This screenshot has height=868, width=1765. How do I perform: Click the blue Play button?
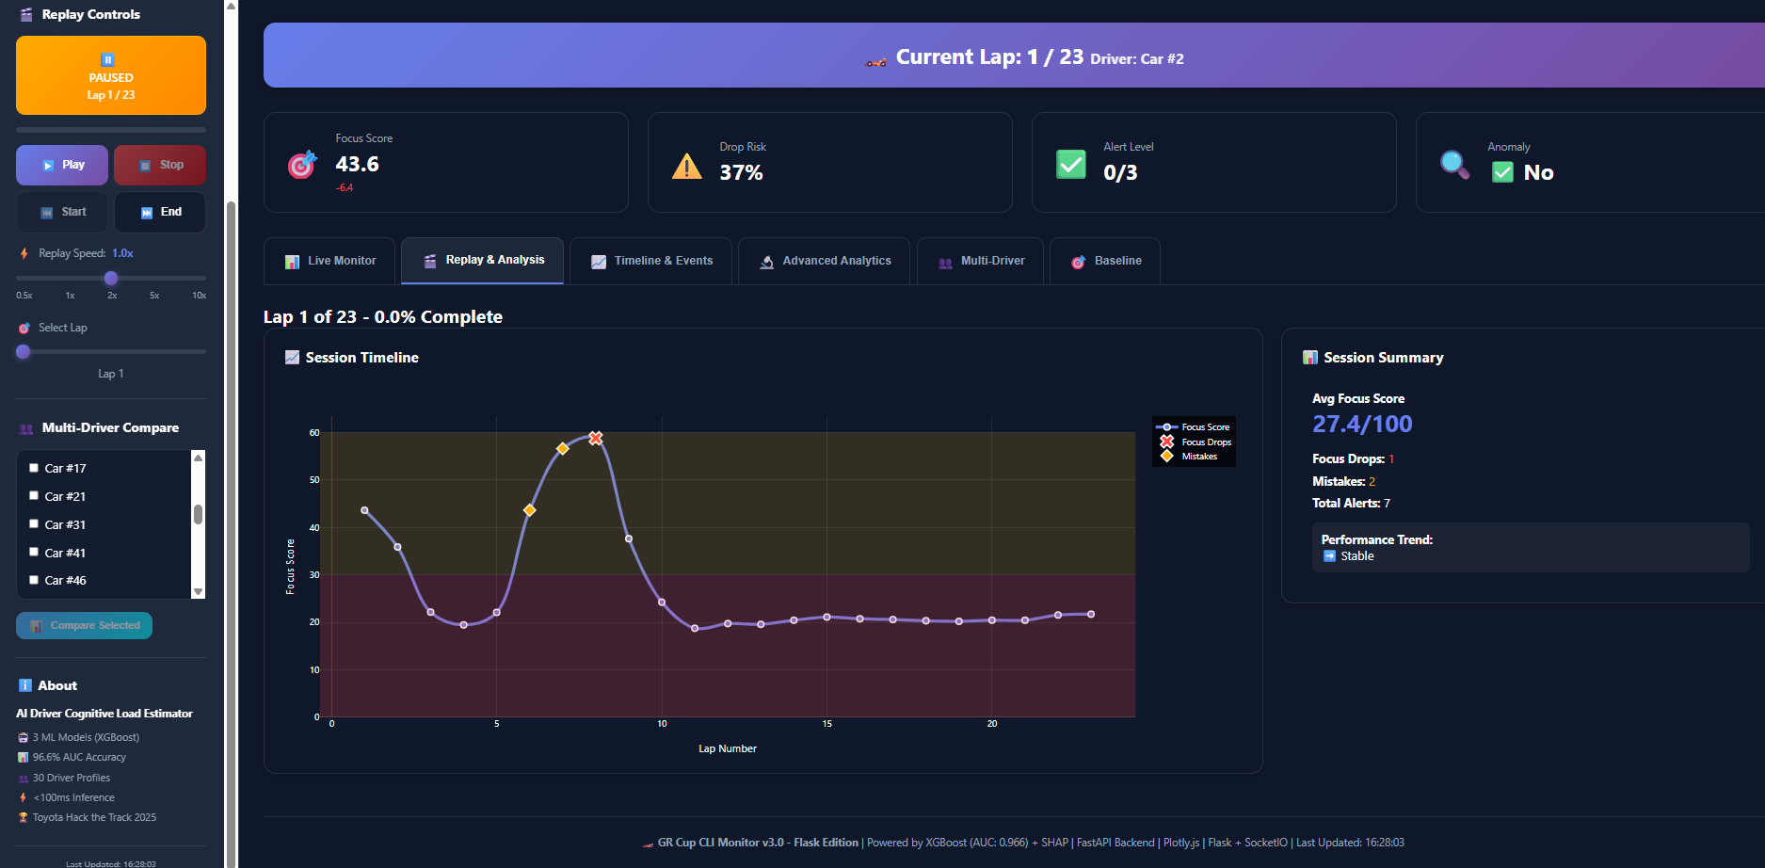pos(62,165)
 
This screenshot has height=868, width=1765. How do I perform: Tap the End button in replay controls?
pos(160,212)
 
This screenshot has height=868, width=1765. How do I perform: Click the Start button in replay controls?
pos(62,212)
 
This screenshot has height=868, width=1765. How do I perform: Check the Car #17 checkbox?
pos(34,468)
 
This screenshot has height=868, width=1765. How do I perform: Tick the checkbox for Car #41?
pos(34,553)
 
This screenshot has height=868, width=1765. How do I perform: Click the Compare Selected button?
pos(84,625)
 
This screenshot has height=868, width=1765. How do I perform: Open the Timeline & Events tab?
pos(652,261)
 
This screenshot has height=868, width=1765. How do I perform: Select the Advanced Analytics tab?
pos(825,261)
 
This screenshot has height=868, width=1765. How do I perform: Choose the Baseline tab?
pos(1105,261)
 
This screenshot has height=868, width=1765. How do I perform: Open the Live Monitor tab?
pos(329,261)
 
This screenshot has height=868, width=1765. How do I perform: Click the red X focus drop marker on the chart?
pos(595,438)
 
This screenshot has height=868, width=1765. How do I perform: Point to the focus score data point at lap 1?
pos(365,510)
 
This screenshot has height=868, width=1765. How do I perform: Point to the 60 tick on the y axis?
pos(314,433)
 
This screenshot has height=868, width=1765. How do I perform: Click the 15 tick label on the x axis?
pos(826,724)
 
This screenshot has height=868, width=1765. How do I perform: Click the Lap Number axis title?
pos(727,748)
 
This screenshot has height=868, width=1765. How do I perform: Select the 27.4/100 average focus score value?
pos(1362,424)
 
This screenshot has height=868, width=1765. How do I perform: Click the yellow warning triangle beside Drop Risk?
pos(687,167)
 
